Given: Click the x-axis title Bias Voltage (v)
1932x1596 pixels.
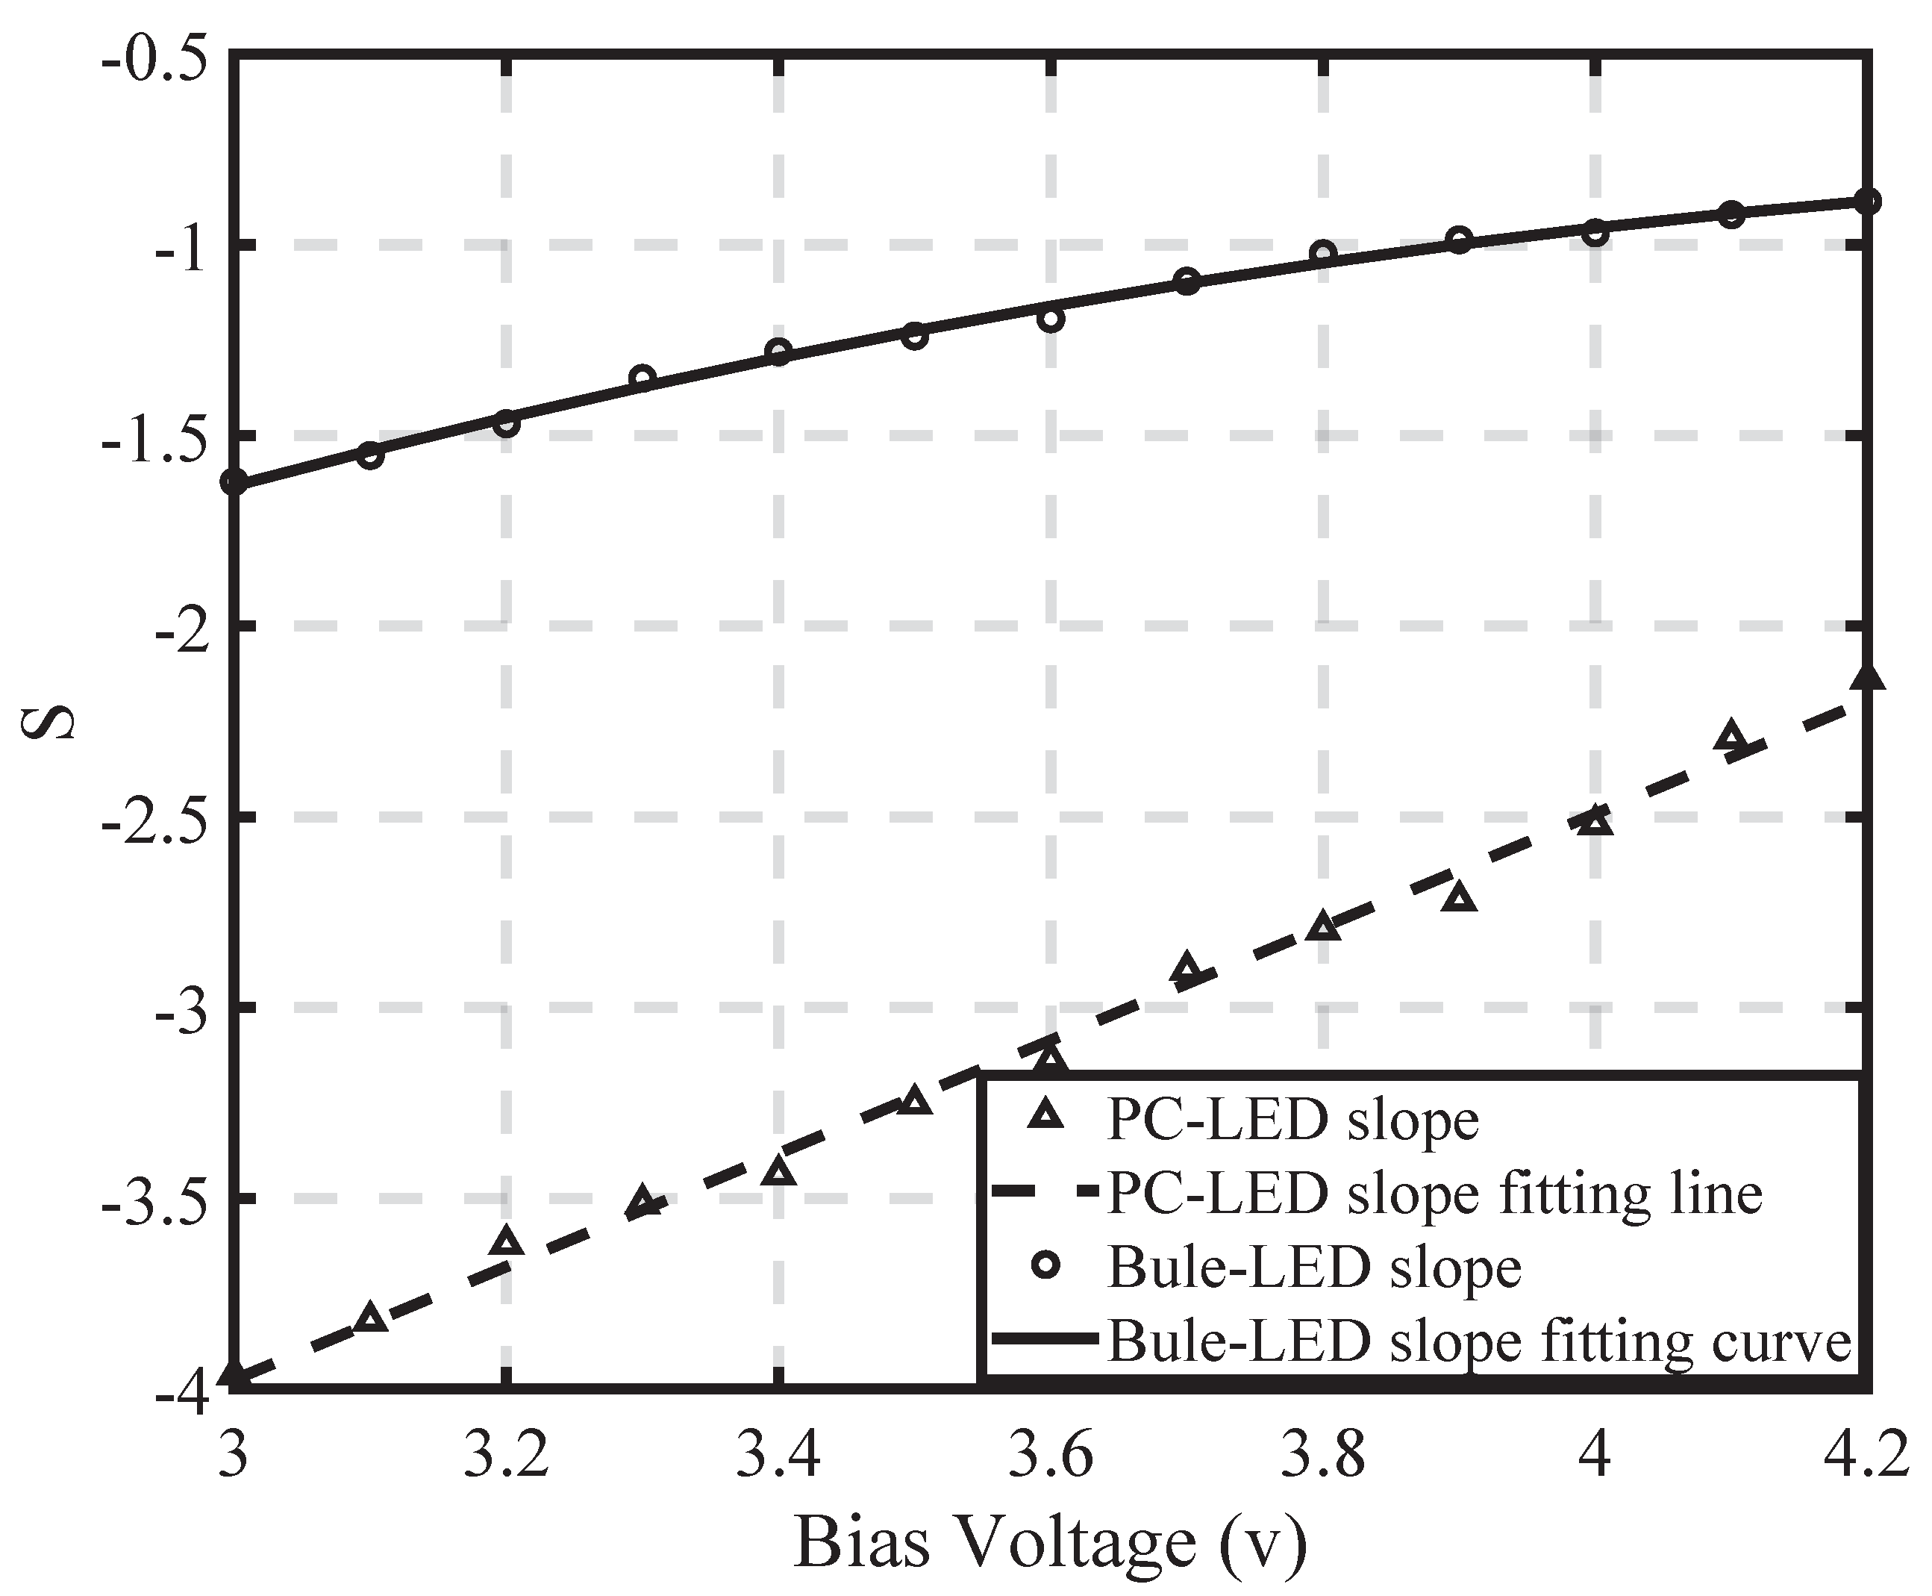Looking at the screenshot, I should tap(1050, 1541).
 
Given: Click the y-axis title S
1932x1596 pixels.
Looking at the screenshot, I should tap(48, 722).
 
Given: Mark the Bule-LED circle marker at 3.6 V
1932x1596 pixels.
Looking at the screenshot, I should tap(1051, 319).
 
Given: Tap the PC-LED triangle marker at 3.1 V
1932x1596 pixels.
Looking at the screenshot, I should tap(370, 1318).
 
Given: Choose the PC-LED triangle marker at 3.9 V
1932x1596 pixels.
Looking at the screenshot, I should tap(1459, 898).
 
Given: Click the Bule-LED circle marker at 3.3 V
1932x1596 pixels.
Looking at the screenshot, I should tap(643, 378).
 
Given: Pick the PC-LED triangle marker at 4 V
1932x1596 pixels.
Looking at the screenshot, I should tap(1595, 821).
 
